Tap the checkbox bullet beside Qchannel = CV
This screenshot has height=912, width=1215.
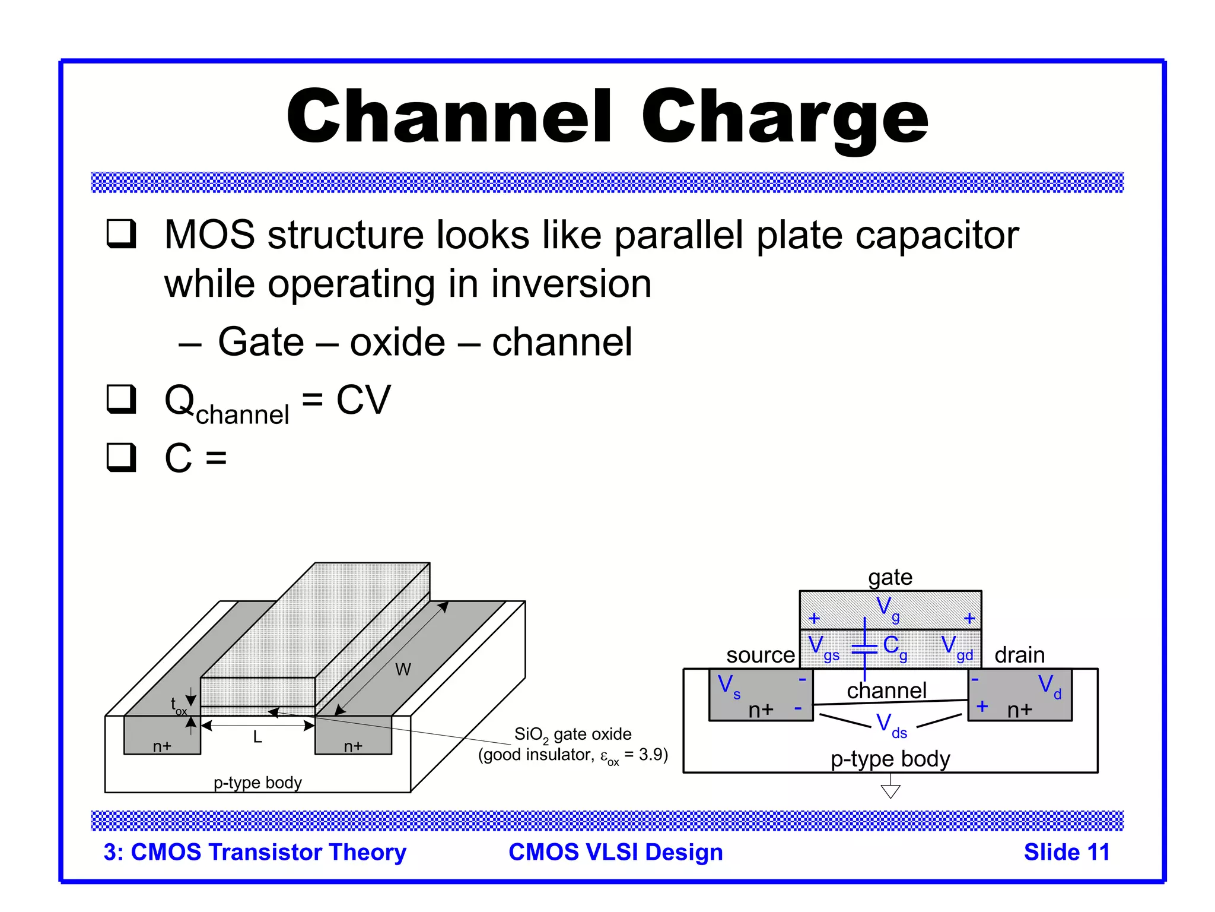pos(122,399)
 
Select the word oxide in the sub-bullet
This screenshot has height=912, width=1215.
pos(397,343)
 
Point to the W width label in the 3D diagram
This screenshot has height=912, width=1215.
pos(403,670)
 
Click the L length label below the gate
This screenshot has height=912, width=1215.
pos(257,737)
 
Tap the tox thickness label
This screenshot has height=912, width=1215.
pos(178,706)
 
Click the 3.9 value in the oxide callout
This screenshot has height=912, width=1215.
pos(651,755)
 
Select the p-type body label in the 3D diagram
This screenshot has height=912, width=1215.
pos(257,783)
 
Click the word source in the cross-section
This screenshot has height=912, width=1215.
pos(760,655)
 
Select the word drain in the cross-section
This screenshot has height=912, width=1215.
pos(1019,655)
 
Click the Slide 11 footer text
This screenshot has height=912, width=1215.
pos(1066,853)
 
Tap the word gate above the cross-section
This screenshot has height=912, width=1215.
pos(890,577)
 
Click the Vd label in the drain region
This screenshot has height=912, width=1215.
pos(1049,686)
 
